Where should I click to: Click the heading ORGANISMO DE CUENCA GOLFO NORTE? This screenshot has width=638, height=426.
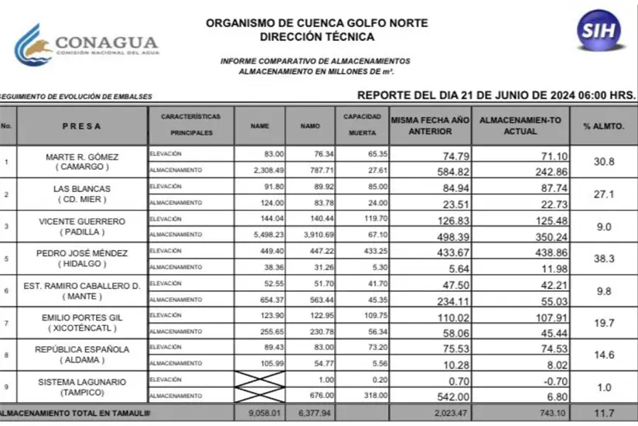[x=316, y=23]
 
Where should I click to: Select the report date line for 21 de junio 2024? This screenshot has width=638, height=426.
[x=496, y=94]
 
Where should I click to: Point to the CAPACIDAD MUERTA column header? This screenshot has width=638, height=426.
[x=361, y=125]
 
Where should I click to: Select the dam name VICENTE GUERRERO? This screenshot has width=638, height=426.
[x=82, y=221]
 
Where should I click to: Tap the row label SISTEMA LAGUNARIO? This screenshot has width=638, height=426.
[x=82, y=381]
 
